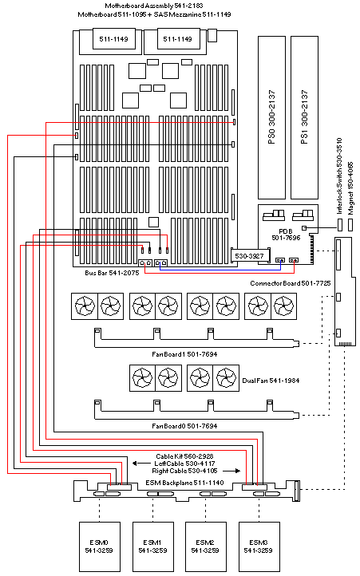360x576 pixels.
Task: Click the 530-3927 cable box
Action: coord(248,255)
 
